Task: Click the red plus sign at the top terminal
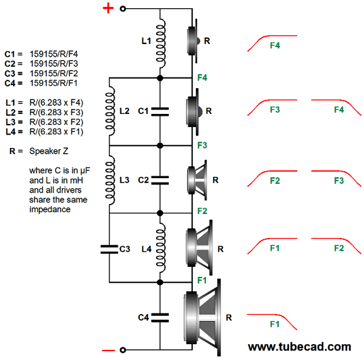(x=108, y=9)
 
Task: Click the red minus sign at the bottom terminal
(x=108, y=351)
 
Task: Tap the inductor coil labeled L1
(x=161, y=43)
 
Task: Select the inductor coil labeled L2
(x=110, y=111)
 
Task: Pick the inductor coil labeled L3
(x=110, y=180)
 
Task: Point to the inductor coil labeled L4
(x=161, y=248)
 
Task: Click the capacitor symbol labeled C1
(x=160, y=111)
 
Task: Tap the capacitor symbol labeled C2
(x=160, y=180)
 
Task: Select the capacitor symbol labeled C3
(x=109, y=249)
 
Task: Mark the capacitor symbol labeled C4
(x=160, y=318)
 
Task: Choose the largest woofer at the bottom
(x=202, y=318)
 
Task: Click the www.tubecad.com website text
(x=300, y=347)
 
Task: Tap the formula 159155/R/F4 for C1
(x=54, y=54)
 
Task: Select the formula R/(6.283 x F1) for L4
(x=57, y=132)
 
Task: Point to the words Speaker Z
(x=48, y=151)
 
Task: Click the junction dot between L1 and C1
(x=160, y=78)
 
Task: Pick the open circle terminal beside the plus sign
(x=123, y=9)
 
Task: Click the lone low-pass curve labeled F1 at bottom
(x=272, y=320)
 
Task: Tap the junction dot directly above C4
(x=160, y=283)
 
